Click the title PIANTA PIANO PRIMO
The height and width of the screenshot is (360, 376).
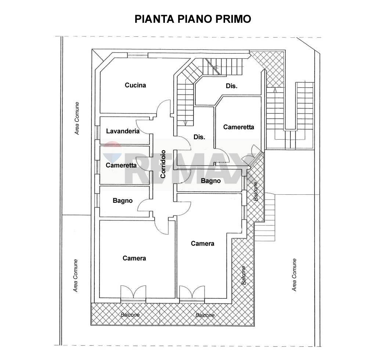click(192, 19)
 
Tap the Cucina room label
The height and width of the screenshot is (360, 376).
click(135, 85)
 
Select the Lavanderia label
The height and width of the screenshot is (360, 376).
click(123, 131)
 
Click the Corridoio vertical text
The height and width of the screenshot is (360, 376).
click(163, 164)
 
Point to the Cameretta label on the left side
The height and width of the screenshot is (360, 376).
click(121, 165)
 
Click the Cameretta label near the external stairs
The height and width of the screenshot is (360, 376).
click(239, 127)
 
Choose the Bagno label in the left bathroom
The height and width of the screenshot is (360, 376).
click(123, 201)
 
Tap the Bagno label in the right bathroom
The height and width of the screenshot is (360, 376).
click(211, 181)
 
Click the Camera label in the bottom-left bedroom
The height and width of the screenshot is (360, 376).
click(134, 258)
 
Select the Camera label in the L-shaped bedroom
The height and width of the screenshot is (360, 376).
click(202, 244)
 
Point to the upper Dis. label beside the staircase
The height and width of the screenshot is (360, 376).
click(231, 86)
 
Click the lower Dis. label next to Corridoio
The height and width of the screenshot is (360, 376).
click(199, 137)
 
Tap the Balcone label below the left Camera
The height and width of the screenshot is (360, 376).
click(130, 315)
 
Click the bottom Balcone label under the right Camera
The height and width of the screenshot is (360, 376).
click(205, 315)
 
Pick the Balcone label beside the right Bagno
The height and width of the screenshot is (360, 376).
click(256, 191)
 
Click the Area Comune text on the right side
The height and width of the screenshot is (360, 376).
click(294, 275)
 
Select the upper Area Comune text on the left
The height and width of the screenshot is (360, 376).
click(77, 118)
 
